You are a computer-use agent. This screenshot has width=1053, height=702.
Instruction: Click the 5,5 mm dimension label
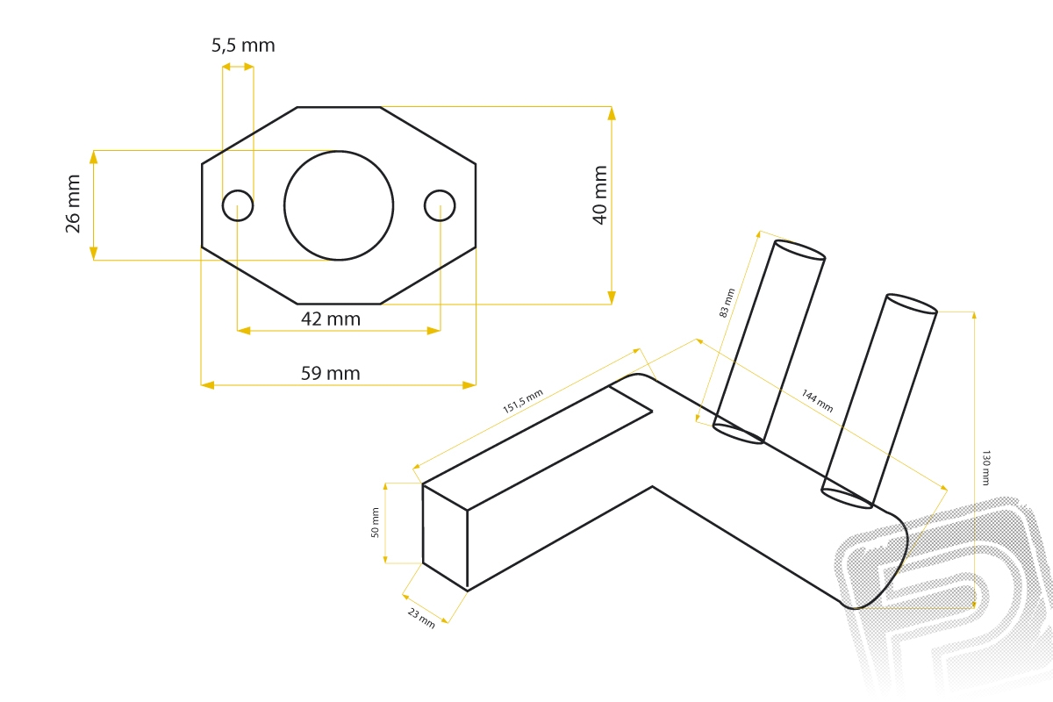pyautogui.click(x=243, y=46)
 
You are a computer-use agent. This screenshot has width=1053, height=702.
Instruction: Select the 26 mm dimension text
pyautogui.click(x=73, y=204)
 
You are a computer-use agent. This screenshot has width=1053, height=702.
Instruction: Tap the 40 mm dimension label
pyautogui.click(x=599, y=195)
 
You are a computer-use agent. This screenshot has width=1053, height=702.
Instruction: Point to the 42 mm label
pyautogui.click(x=331, y=319)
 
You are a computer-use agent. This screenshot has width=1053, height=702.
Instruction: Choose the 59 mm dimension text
pyautogui.click(x=331, y=373)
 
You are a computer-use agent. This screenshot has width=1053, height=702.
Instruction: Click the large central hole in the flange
pyautogui.click(x=339, y=205)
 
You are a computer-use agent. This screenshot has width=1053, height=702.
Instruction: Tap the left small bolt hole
pyautogui.click(x=238, y=205)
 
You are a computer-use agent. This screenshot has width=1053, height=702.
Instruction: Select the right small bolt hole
pyautogui.click(x=440, y=205)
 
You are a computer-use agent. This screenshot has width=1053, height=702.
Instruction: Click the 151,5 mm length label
pyautogui.click(x=523, y=401)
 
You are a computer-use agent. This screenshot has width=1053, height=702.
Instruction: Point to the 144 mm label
pyautogui.click(x=818, y=401)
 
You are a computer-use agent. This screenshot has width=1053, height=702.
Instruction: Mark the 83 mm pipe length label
pyautogui.click(x=727, y=303)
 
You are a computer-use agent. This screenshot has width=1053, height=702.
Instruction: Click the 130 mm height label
pyautogui.click(x=985, y=468)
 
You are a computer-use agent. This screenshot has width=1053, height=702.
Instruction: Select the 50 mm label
pyautogui.click(x=375, y=522)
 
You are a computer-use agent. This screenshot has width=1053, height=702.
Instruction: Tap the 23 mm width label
pyautogui.click(x=421, y=618)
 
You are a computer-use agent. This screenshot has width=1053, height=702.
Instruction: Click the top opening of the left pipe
pyautogui.click(x=799, y=250)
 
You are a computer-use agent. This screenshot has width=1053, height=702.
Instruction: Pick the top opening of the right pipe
pyautogui.click(x=912, y=304)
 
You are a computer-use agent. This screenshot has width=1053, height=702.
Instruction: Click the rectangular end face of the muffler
pyautogui.click(x=445, y=537)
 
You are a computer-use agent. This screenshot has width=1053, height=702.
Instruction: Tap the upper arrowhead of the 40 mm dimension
pyautogui.click(x=611, y=113)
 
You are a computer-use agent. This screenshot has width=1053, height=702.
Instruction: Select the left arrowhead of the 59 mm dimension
pyautogui.click(x=208, y=385)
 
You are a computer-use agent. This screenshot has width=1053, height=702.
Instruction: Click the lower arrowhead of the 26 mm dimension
pyautogui.click(x=94, y=253)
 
